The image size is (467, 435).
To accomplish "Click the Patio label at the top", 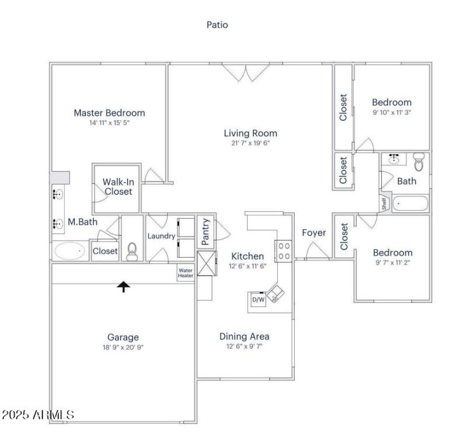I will pyautogui.click(x=217, y=24).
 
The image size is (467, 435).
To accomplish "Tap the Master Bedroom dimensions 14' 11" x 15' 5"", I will pyautogui.click(x=109, y=123).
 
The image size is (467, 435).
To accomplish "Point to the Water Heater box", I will pyautogui.click(x=185, y=273).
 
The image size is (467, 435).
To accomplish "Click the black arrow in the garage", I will pyautogui.click(x=123, y=286).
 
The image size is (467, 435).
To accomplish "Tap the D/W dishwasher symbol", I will pyautogui.click(x=257, y=300).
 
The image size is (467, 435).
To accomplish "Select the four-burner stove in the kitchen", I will pyautogui.click(x=284, y=251).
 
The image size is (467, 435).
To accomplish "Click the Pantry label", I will pyautogui.click(x=205, y=231).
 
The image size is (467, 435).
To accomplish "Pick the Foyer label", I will pyautogui.click(x=313, y=233).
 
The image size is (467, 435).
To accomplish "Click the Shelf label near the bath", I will pyautogui.click(x=384, y=204).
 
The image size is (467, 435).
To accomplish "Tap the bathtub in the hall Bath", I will pyautogui.click(x=411, y=204).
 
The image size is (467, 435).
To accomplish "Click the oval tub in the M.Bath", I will pyautogui.click(x=70, y=251).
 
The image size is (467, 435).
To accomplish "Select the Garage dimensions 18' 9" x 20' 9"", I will pyautogui.click(x=123, y=347).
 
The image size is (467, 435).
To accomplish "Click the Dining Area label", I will pyautogui.click(x=244, y=336).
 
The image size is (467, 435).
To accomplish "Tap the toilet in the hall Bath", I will pyautogui.click(x=418, y=160).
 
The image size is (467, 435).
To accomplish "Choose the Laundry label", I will pyautogui.click(x=161, y=236).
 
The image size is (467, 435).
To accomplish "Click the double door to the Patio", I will pyautogui.click(x=246, y=72).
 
